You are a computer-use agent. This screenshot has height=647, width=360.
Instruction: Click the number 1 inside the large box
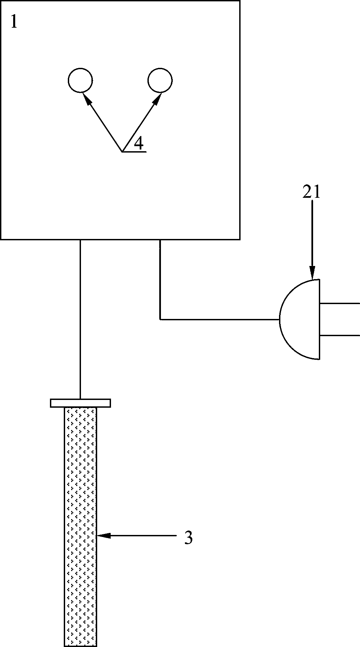[13, 22]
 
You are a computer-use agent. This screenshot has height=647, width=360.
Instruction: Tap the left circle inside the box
[80, 80]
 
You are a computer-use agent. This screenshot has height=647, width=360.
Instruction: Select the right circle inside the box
[160, 80]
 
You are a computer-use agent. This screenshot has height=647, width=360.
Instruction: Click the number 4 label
[139, 144]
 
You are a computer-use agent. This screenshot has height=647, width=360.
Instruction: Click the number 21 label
[311, 192]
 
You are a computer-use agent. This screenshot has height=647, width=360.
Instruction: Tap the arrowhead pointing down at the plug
[312, 273]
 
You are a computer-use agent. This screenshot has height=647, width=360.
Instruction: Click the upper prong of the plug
[339, 303]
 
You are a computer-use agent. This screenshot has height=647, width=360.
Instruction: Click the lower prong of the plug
[339, 335]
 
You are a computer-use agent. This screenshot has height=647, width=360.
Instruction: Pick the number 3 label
[188, 538]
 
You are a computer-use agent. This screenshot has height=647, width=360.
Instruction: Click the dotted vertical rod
[80, 527]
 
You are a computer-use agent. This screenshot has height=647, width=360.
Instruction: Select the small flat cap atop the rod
[80, 403]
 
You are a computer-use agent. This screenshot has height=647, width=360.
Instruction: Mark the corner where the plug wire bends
[160, 319]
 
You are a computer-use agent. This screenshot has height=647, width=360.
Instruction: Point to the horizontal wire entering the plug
[219, 319]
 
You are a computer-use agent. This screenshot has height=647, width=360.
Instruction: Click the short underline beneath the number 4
[134, 152]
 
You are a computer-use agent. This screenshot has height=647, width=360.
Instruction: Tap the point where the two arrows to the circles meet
[122, 152]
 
